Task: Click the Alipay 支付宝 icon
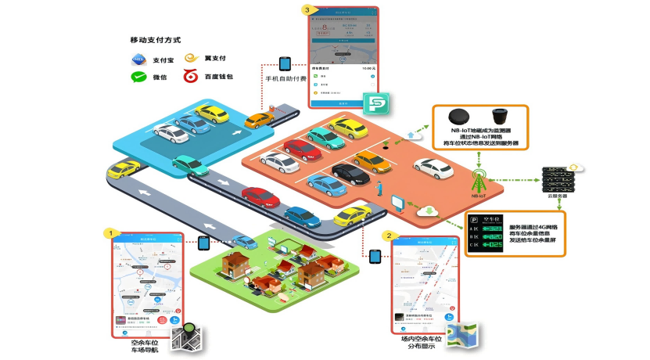point(139,59)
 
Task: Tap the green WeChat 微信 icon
point(139,77)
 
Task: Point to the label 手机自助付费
point(285,79)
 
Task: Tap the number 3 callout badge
point(310,10)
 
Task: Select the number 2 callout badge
point(387,235)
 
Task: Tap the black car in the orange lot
point(350,173)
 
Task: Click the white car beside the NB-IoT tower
point(433,167)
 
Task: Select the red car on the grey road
point(260,196)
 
